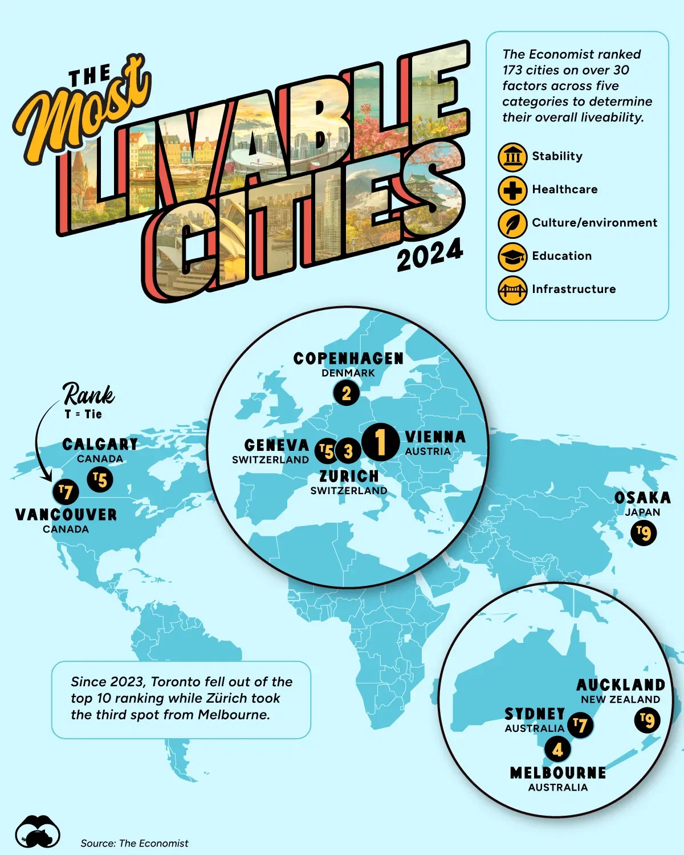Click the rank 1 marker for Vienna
[x=380, y=441]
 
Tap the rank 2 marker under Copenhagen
[x=347, y=393]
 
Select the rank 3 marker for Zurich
[x=348, y=451]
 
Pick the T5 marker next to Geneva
[x=326, y=451]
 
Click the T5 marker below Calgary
[x=100, y=479]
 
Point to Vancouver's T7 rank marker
[x=66, y=492]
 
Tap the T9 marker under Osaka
[x=644, y=533]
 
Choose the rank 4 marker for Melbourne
[x=557, y=750]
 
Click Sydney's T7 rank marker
[x=580, y=725]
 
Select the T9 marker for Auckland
[x=647, y=721]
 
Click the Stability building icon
[x=512, y=157]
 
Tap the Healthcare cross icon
[x=512, y=190]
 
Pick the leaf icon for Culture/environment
[x=512, y=223]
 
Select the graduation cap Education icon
[x=512, y=256]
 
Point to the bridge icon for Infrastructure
[x=512, y=290]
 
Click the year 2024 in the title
[x=430, y=255]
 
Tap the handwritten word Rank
[x=89, y=394]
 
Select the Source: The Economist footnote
[x=135, y=843]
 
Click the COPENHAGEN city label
[x=348, y=359]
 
